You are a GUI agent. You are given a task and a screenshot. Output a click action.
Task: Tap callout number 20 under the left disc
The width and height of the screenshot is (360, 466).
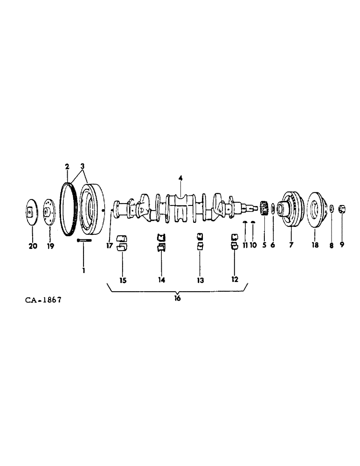[x=33, y=247]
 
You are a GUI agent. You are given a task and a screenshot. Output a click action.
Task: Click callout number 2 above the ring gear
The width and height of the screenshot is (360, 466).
[x=67, y=166]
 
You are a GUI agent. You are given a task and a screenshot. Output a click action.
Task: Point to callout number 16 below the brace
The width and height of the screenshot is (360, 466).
[x=177, y=299]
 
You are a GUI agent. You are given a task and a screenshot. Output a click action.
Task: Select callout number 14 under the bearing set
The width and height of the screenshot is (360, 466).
[x=161, y=280]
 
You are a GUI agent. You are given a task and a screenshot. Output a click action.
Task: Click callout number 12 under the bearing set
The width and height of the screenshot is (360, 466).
[x=235, y=280]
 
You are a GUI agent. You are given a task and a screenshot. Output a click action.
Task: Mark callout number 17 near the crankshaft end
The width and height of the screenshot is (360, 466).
[x=109, y=246]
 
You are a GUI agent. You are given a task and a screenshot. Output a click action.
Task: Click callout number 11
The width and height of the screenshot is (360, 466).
[x=245, y=245]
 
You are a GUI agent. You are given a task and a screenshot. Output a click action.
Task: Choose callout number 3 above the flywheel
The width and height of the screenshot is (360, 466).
[x=83, y=166]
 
